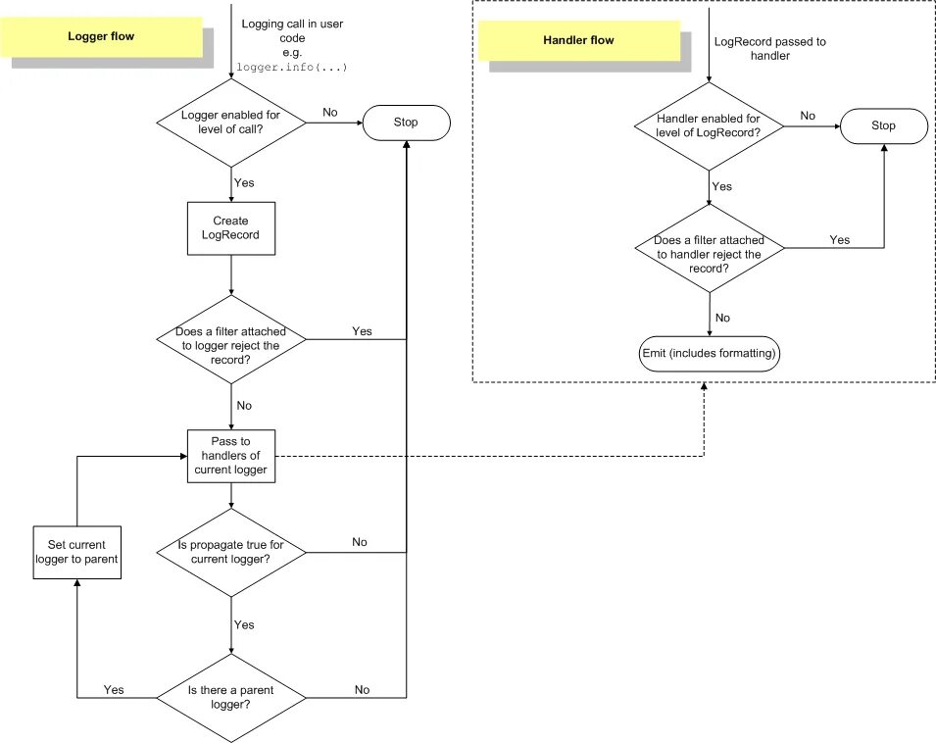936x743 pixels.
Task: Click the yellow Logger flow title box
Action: tap(101, 36)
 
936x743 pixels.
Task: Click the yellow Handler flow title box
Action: tap(578, 40)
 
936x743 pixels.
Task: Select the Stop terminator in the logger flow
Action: tap(406, 123)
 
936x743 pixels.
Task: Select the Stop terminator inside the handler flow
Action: tap(883, 125)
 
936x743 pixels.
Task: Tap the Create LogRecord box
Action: tap(230, 228)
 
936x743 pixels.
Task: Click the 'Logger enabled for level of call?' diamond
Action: tap(230, 123)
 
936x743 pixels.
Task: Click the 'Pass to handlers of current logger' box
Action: tap(230, 456)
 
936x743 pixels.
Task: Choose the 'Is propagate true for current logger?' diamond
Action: tap(230, 552)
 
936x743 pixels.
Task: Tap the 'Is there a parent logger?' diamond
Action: tap(230, 697)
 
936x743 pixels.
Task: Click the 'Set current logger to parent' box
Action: tap(76, 552)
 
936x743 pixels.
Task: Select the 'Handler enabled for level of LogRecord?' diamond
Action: tap(708, 125)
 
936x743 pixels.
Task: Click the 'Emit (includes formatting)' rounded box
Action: tap(709, 353)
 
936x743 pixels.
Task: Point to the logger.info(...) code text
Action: tap(292, 68)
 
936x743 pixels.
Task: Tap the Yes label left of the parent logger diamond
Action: tap(114, 690)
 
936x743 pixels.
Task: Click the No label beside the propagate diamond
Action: tap(360, 542)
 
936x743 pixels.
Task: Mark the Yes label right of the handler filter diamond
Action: tap(840, 239)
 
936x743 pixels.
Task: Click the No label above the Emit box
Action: tap(722, 318)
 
